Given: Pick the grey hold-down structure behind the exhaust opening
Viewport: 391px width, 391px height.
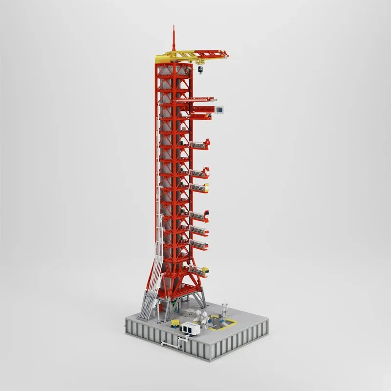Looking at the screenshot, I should [224, 310].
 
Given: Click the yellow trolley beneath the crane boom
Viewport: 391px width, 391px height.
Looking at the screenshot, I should [201, 61].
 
